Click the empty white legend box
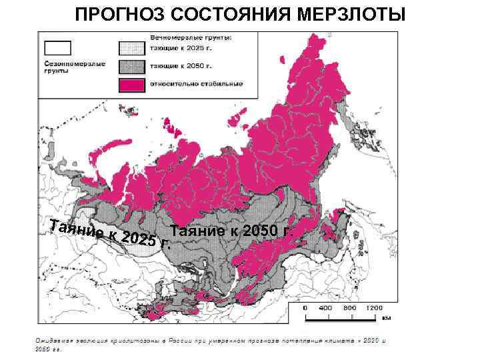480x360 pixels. pos(57,47)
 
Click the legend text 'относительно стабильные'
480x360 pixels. pos(197,84)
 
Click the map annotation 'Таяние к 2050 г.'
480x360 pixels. pos(231,231)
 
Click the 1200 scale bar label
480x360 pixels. pos(373,309)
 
